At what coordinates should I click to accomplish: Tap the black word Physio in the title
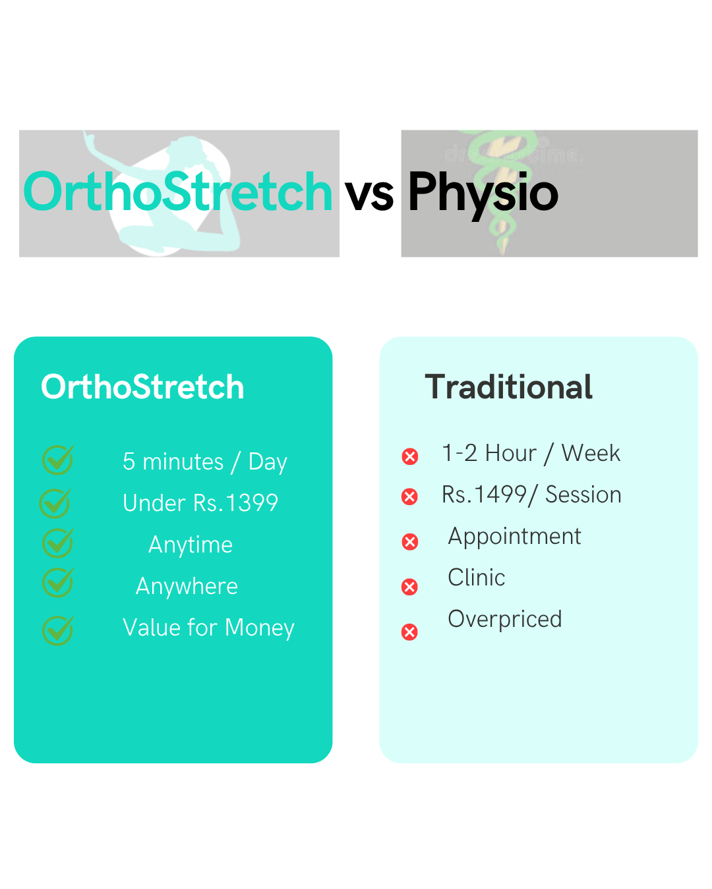click(x=483, y=195)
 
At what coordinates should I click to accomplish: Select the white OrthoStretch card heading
click(x=142, y=387)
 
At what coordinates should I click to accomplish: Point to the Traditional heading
click(x=508, y=387)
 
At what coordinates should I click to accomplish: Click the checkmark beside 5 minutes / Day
click(x=58, y=460)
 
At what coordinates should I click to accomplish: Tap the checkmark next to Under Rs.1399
click(x=55, y=502)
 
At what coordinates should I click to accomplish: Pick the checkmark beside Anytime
click(x=58, y=543)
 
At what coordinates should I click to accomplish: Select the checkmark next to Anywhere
click(x=58, y=581)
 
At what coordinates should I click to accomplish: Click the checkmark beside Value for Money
click(x=58, y=630)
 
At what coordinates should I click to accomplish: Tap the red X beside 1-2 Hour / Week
click(x=409, y=456)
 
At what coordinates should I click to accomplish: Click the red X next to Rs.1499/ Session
click(x=409, y=496)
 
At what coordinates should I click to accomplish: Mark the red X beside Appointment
click(x=409, y=541)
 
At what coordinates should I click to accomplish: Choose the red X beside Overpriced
click(x=409, y=632)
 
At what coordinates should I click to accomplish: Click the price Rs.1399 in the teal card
click(x=235, y=502)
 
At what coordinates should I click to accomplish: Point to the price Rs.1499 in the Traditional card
click(x=484, y=494)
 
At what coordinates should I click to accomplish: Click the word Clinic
click(x=476, y=577)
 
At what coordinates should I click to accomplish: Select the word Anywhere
click(x=187, y=586)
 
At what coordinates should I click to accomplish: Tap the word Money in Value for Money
click(x=259, y=628)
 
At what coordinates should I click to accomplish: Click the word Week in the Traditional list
click(x=591, y=453)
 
